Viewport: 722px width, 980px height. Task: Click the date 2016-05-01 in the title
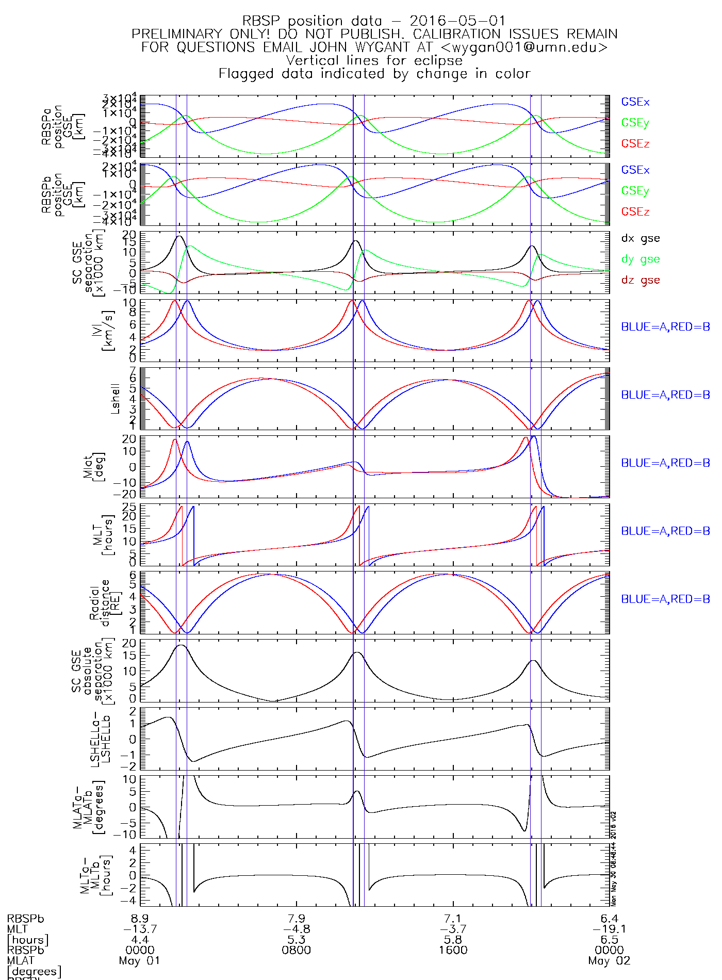(457, 21)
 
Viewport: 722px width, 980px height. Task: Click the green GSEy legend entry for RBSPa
(635, 123)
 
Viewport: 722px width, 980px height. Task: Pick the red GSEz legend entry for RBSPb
(635, 211)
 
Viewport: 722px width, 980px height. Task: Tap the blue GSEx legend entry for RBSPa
(635, 102)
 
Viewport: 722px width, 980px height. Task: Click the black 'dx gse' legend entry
(640, 238)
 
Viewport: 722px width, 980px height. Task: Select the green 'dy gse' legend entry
(640, 259)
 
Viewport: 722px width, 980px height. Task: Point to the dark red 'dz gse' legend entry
(640, 280)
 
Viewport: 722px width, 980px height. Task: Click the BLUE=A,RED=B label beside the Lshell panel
(665, 395)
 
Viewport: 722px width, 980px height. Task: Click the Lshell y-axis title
(115, 398)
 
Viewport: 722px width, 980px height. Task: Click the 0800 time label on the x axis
(296, 950)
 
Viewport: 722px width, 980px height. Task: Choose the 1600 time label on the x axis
(453, 950)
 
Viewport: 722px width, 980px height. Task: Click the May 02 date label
(609, 961)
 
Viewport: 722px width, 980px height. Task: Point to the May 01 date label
(139, 961)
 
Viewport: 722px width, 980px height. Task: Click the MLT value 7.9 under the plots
(296, 919)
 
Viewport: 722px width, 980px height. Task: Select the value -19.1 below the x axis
(609, 929)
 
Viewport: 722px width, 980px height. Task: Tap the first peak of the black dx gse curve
(179, 236)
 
